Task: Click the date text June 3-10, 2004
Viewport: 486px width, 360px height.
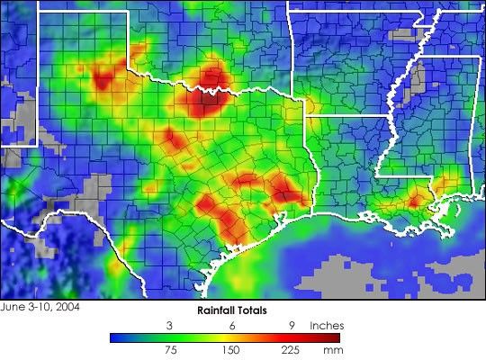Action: coord(40,307)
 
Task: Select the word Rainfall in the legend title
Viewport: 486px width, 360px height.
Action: coord(220,310)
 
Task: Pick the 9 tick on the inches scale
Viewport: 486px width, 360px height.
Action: coord(292,325)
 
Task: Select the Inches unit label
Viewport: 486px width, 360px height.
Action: coord(327,325)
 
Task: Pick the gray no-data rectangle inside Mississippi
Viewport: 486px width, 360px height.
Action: coord(414,85)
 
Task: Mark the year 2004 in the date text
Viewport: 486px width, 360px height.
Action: coord(67,307)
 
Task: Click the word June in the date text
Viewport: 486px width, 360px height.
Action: coord(13,307)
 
